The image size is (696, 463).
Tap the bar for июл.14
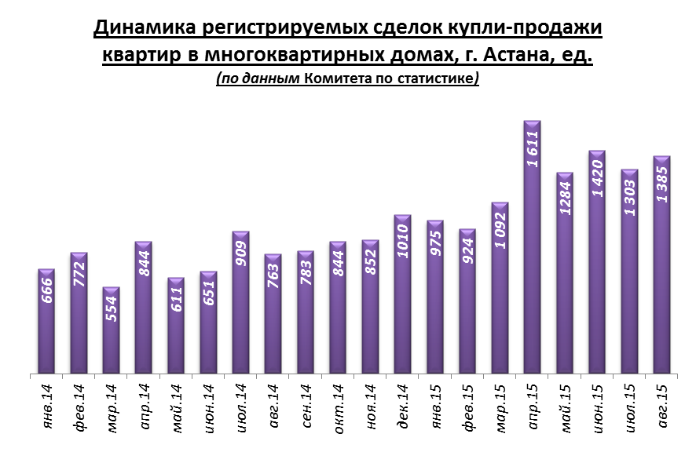click(x=240, y=306)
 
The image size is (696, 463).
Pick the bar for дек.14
click(x=402, y=298)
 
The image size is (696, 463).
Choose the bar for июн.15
click(x=596, y=267)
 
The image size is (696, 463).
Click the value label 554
click(x=112, y=314)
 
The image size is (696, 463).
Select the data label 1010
click(x=403, y=240)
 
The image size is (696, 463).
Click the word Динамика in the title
click(x=143, y=29)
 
